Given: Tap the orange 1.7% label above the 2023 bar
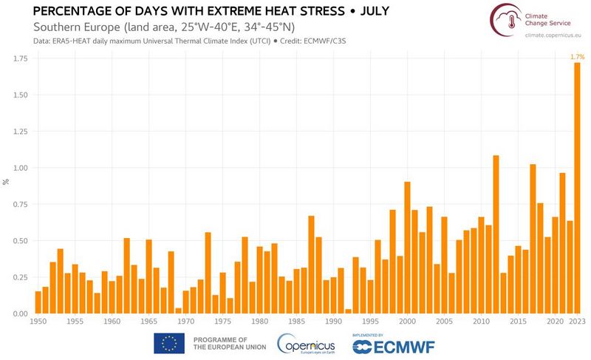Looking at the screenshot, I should coord(576,56).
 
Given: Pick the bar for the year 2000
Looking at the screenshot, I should coord(407,248).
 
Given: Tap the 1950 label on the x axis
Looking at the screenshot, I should coord(38,322).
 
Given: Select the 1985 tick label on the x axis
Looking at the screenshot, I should coord(296,322).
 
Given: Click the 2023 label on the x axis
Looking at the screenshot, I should coord(577,322).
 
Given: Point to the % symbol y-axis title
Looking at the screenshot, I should coord(6,181).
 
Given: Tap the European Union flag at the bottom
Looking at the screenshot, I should coord(168,343).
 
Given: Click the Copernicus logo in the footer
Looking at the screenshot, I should coord(305,344).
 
